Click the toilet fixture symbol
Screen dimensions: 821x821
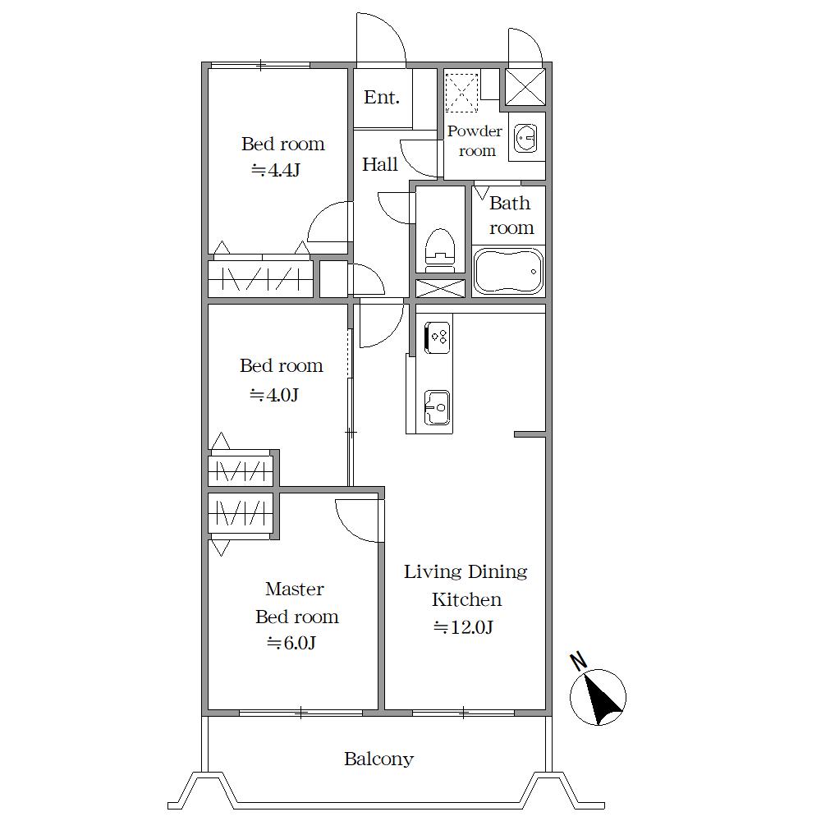click(440, 250)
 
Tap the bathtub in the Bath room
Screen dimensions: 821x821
click(508, 271)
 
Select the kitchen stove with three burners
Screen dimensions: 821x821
click(438, 337)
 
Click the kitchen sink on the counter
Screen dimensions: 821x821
click(438, 407)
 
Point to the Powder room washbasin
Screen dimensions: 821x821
click(525, 138)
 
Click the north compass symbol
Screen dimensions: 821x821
click(598, 697)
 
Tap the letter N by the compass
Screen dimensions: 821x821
click(579, 662)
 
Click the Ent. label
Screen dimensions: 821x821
click(382, 97)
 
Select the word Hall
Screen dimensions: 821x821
click(380, 164)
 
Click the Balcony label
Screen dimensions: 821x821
click(378, 759)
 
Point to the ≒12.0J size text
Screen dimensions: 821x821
click(463, 626)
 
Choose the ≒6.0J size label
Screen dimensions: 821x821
click(291, 643)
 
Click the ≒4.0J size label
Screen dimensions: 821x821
click(274, 395)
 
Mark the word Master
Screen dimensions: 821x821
click(294, 589)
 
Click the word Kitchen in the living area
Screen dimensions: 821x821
click(466, 599)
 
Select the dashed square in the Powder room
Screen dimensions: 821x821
click(461, 93)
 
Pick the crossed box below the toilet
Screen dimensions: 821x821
click(440, 288)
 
